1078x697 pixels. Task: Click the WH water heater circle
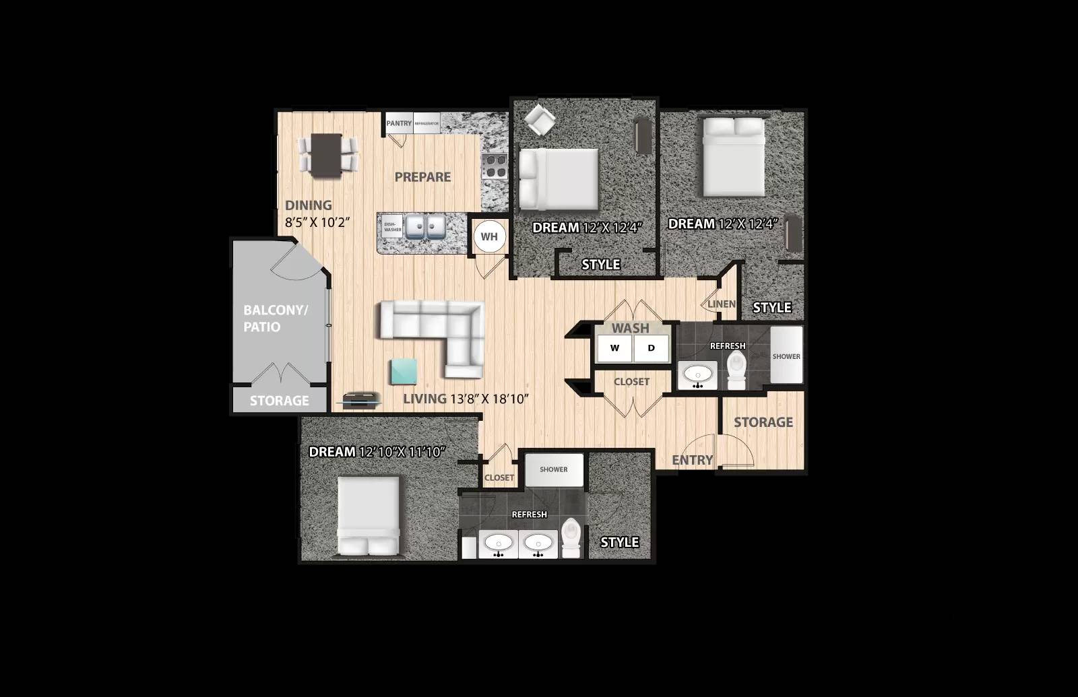tap(489, 236)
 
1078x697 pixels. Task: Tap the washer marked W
tap(614, 348)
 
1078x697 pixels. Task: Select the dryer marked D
tap(651, 348)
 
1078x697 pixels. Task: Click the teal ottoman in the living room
tap(404, 372)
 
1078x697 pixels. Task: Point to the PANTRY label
tap(399, 123)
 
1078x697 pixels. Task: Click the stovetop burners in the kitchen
tap(495, 166)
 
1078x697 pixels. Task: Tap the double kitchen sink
tap(424, 227)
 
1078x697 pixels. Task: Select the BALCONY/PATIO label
tap(275, 319)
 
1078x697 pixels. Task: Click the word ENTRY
tap(692, 460)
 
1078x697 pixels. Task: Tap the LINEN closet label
tap(722, 304)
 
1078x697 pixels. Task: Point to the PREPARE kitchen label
tap(422, 177)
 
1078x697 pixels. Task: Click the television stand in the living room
tap(362, 400)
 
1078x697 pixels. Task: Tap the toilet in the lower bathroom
tap(571, 537)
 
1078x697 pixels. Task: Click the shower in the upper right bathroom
tap(786, 356)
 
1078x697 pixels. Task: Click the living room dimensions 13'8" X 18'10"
tap(488, 399)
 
